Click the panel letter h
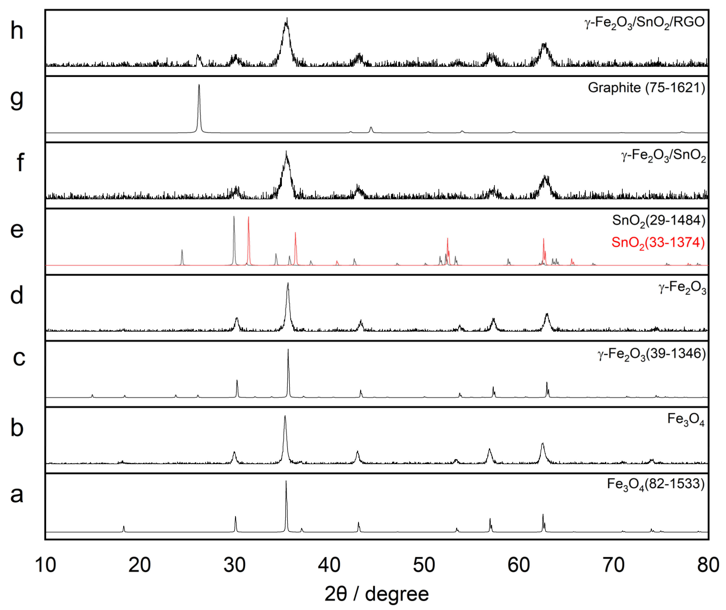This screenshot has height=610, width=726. point(17,31)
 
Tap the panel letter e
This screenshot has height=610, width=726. point(17,230)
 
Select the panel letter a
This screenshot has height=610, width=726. point(17,495)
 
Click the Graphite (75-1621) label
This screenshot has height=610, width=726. point(646,88)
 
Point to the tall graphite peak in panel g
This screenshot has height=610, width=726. point(199,86)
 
